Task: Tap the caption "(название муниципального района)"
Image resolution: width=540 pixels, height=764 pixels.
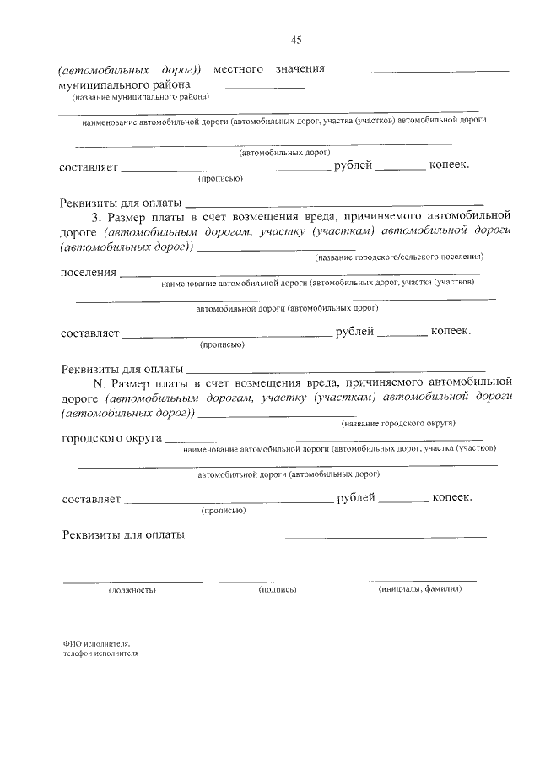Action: point(130,98)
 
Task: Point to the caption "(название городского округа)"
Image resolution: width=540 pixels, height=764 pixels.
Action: point(398,421)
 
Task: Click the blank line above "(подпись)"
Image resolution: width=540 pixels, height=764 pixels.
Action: point(277,581)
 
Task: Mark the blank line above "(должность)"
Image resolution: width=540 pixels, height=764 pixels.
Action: point(132,581)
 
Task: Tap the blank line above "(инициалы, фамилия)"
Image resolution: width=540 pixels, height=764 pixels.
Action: point(413,580)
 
